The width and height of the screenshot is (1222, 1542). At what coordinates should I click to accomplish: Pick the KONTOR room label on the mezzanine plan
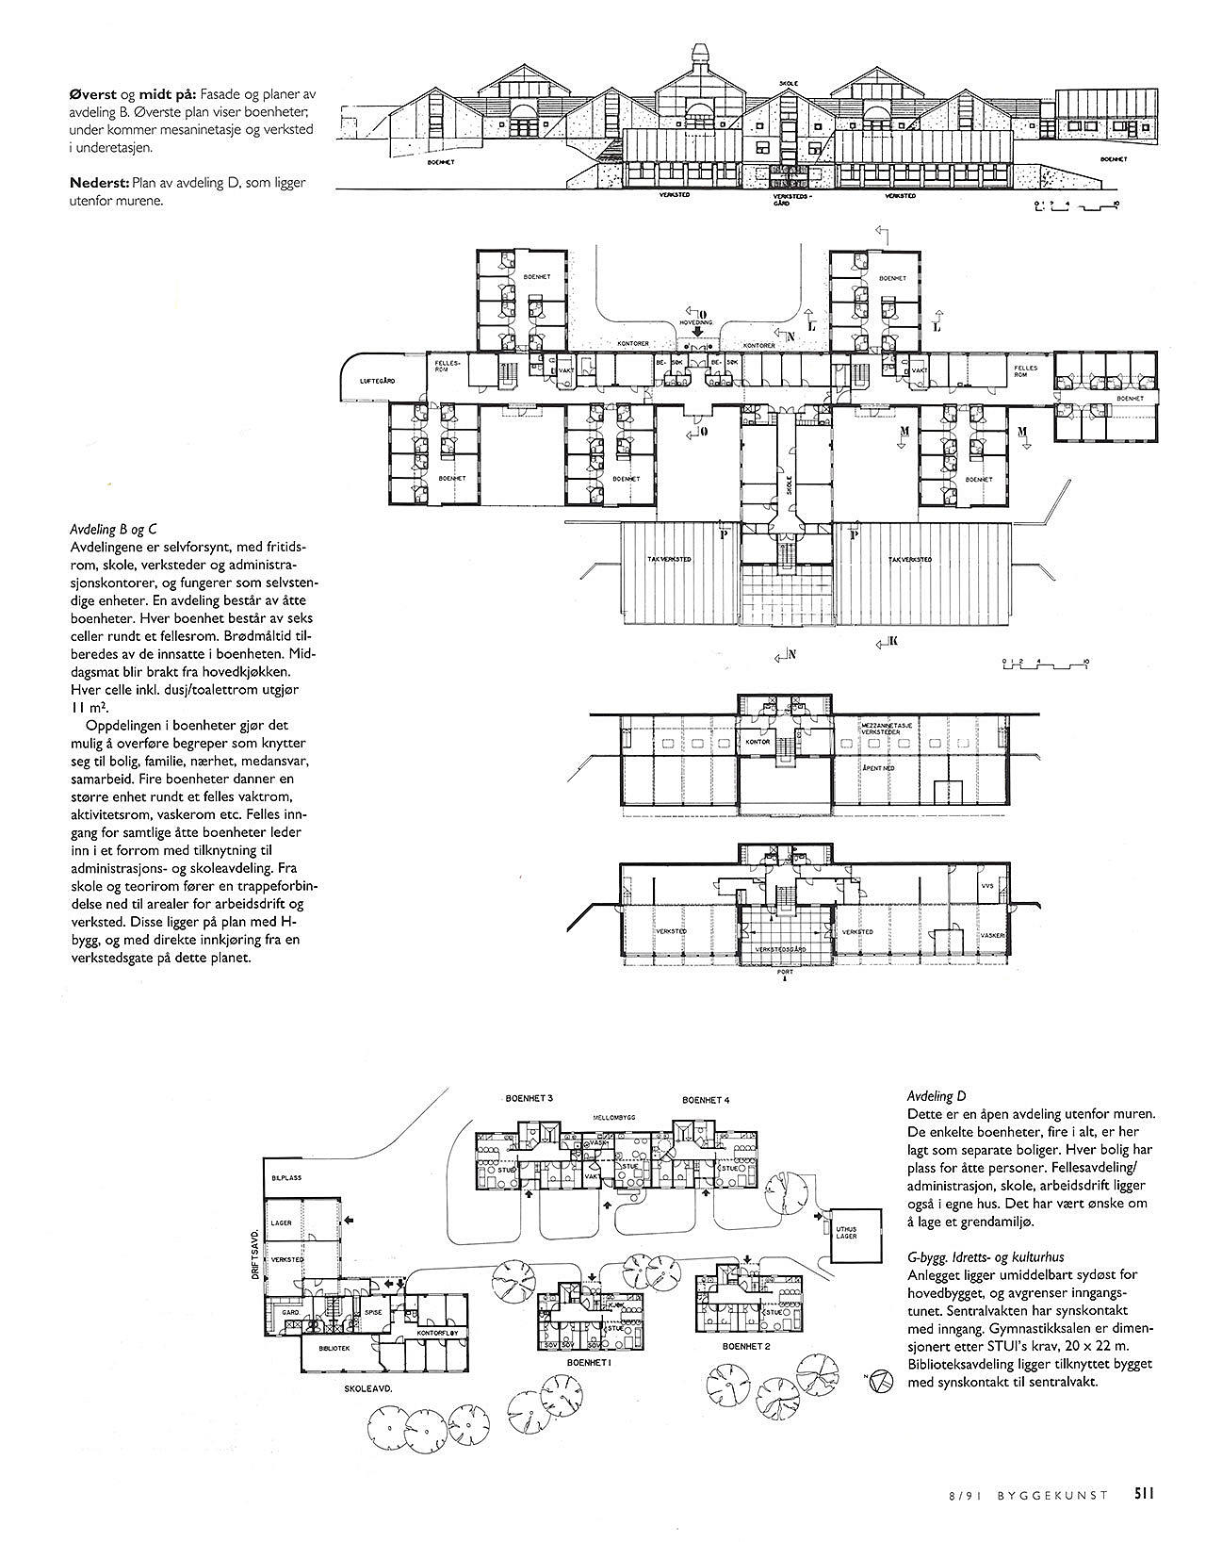coord(758,742)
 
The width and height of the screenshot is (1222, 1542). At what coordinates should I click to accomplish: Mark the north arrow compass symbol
coord(880,1381)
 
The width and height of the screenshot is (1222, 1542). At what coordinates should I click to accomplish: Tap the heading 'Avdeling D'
coord(937,1096)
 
